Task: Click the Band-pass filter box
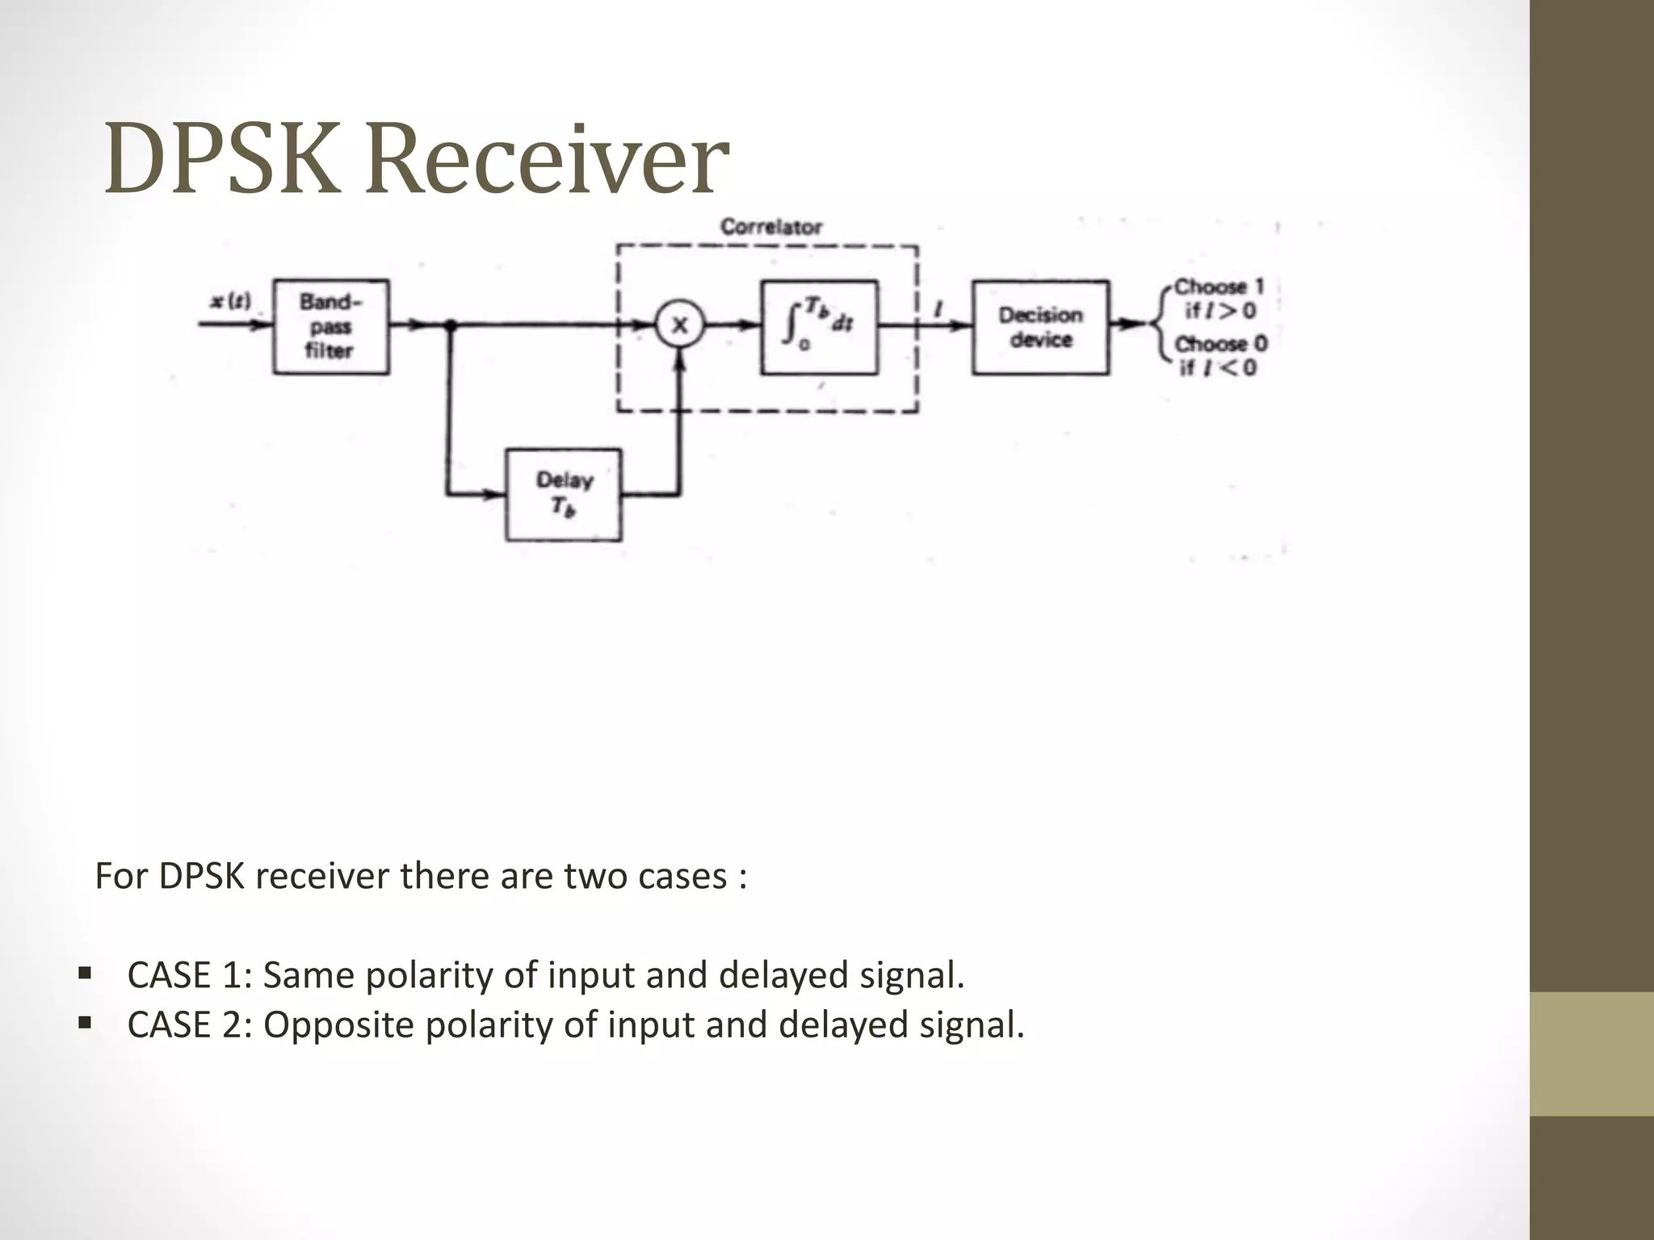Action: (330, 327)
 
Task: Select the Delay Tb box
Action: (564, 494)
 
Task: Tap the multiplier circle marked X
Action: (680, 325)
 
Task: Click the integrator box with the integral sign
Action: (819, 327)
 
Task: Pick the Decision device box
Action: (1040, 327)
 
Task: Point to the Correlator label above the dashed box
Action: (770, 227)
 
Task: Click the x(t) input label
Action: (230, 302)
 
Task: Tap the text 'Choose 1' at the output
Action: (1219, 287)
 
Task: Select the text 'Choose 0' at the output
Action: (1220, 344)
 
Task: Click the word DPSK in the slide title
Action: (222, 159)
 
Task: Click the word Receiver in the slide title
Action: (547, 159)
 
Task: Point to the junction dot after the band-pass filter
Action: (451, 325)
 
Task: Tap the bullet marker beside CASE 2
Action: (85, 1023)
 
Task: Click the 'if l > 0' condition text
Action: (1220, 311)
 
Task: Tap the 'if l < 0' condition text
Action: (1219, 368)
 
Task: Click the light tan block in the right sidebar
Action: (1592, 1054)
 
